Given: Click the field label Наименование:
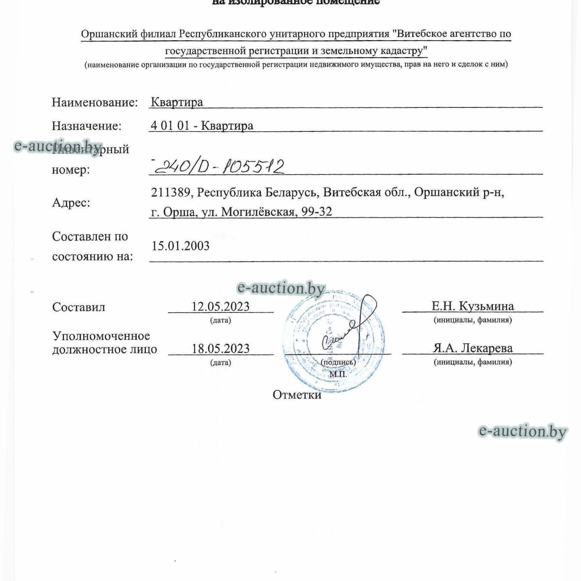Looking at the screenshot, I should click(94, 102).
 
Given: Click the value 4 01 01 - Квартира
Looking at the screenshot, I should click(202, 126).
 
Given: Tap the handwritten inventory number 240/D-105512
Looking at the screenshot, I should click(218, 167).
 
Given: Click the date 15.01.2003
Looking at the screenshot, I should click(181, 246).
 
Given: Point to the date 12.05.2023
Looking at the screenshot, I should click(221, 306).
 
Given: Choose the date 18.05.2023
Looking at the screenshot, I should click(221, 349).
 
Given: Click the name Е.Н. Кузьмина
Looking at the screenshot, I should click(473, 306).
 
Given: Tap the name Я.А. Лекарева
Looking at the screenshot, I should click(473, 348).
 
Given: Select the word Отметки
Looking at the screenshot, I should click(297, 395).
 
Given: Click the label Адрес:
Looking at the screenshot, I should click(71, 202).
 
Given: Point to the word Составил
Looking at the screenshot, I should click(79, 307).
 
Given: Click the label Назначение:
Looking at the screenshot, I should click(87, 126).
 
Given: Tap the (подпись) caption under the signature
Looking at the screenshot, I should click(338, 362).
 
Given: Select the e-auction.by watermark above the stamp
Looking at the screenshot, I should click(281, 289).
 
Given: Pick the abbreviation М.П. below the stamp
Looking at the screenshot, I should click(338, 374).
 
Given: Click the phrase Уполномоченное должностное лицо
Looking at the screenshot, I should click(104, 342).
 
